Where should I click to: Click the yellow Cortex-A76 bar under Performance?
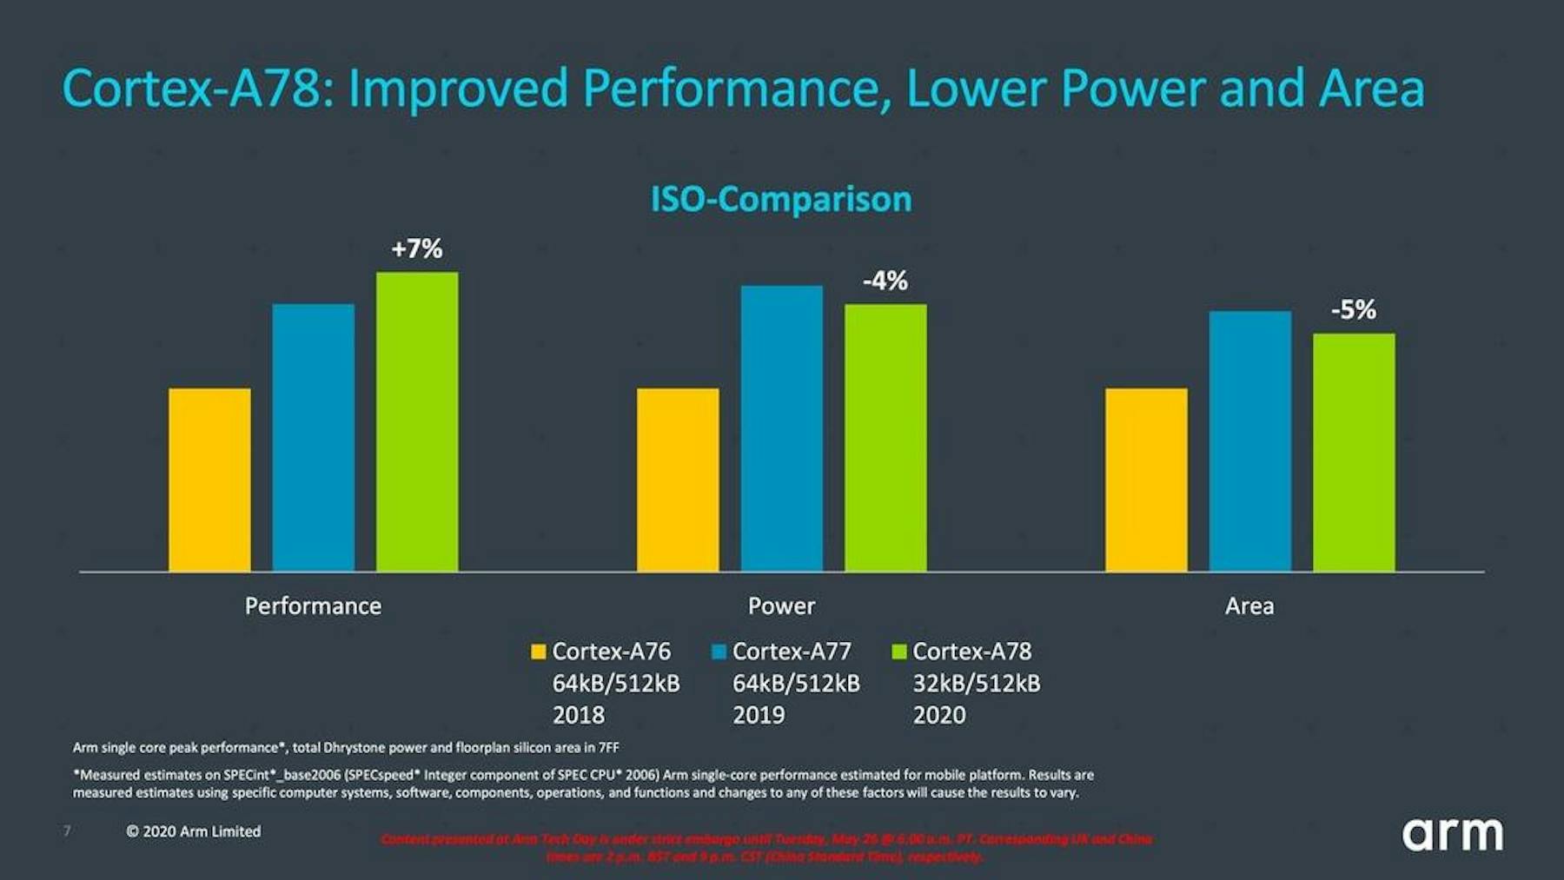tap(209, 480)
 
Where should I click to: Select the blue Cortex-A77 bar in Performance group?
tap(313, 437)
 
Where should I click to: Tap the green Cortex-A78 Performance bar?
tap(417, 421)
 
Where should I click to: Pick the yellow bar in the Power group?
tap(678, 480)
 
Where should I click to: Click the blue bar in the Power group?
tap(781, 428)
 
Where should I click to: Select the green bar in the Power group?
tap(885, 437)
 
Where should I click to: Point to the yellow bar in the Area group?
tap(1146, 480)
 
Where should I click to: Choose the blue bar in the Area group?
tap(1249, 440)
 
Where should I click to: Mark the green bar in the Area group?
tap(1354, 452)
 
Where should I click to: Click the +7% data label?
tap(417, 249)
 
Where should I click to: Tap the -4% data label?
tap(885, 281)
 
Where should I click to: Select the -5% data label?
tap(1354, 309)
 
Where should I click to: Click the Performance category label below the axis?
tap(313, 605)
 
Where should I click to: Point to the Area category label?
tap(1249, 605)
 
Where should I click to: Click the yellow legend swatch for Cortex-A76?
tap(538, 652)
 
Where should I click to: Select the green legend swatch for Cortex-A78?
tap(899, 652)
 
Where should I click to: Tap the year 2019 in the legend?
tap(759, 715)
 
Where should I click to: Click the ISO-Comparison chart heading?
tap(781, 199)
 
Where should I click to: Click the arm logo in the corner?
tap(1452, 834)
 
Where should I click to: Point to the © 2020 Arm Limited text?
tap(193, 831)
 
